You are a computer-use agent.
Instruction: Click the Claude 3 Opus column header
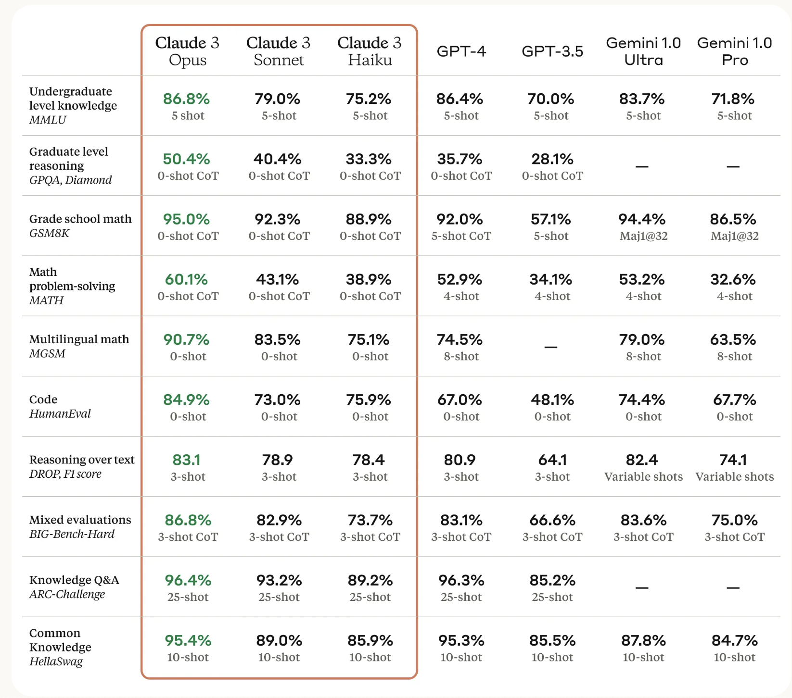click(187, 51)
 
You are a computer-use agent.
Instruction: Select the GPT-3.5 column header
click(552, 51)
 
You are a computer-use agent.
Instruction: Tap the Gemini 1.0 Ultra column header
click(643, 51)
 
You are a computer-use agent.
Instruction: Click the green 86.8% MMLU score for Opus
click(186, 99)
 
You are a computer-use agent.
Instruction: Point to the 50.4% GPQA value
click(186, 159)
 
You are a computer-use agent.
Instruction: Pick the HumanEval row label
click(60, 414)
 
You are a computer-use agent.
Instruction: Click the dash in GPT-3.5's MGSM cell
click(551, 347)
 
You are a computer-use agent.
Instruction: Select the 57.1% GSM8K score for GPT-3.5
click(551, 219)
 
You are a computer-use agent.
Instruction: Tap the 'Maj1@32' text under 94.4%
click(643, 236)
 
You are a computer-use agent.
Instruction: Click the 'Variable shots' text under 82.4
click(643, 477)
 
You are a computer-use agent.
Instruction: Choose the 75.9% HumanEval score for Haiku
click(369, 400)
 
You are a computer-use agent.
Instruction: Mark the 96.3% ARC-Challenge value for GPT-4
click(460, 580)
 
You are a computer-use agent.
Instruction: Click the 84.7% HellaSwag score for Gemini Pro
click(734, 640)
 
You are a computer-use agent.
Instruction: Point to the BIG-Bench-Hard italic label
click(72, 534)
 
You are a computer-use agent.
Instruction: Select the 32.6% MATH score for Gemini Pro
click(733, 279)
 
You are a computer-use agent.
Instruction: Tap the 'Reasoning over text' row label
click(82, 460)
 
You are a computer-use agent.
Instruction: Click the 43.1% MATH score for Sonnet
click(278, 279)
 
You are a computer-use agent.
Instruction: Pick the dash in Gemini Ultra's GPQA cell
click(642, 167)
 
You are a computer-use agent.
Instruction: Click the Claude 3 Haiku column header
click(369, 51)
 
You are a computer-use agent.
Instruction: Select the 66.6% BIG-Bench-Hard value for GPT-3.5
click(552, 520)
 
